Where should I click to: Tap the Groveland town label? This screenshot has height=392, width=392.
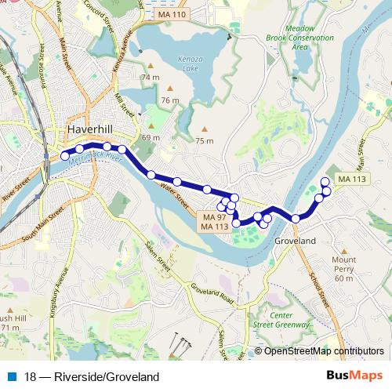coord(295,241)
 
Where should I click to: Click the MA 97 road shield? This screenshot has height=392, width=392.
coord(214,216)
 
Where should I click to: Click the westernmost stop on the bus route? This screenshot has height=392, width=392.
coord(65,156)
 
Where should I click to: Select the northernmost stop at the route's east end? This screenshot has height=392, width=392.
coord(325,181)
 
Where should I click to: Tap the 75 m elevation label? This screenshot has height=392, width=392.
coord(204,140)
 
